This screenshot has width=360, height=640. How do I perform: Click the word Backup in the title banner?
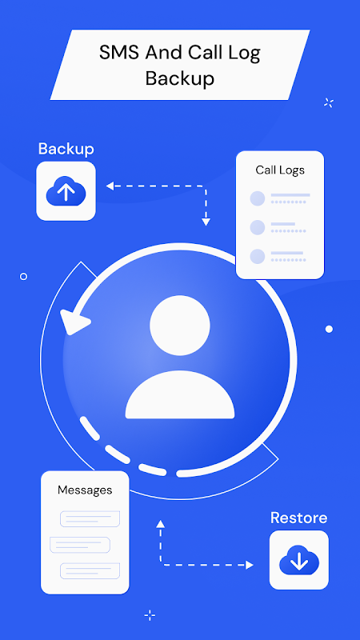point(180,78)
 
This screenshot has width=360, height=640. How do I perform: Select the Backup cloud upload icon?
point(66,191)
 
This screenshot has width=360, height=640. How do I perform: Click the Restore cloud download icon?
point(299,560)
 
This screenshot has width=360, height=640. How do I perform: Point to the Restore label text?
point(298,518)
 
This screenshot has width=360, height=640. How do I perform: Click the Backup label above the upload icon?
point(66,149)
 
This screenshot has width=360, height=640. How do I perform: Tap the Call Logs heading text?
point(280,170)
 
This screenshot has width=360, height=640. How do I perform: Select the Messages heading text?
point(85,490)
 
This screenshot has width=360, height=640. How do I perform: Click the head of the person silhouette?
point(180,326)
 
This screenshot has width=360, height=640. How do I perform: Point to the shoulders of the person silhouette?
point(180,394)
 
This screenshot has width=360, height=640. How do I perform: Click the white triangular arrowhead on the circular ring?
point(74,322)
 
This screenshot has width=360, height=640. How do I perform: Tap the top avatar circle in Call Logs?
point(258,198)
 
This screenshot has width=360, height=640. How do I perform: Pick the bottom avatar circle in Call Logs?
point(258,256)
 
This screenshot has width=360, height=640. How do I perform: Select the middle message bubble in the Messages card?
point(80,545)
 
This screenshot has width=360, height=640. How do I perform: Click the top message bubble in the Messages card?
point(90,518)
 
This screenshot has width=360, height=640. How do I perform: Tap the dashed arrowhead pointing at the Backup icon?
point(110,186)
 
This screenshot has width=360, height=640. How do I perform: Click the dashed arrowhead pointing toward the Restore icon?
point(250,565)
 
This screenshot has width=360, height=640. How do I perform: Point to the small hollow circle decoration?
point(24,276)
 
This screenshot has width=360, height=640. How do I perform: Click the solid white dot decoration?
point(329,329)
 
